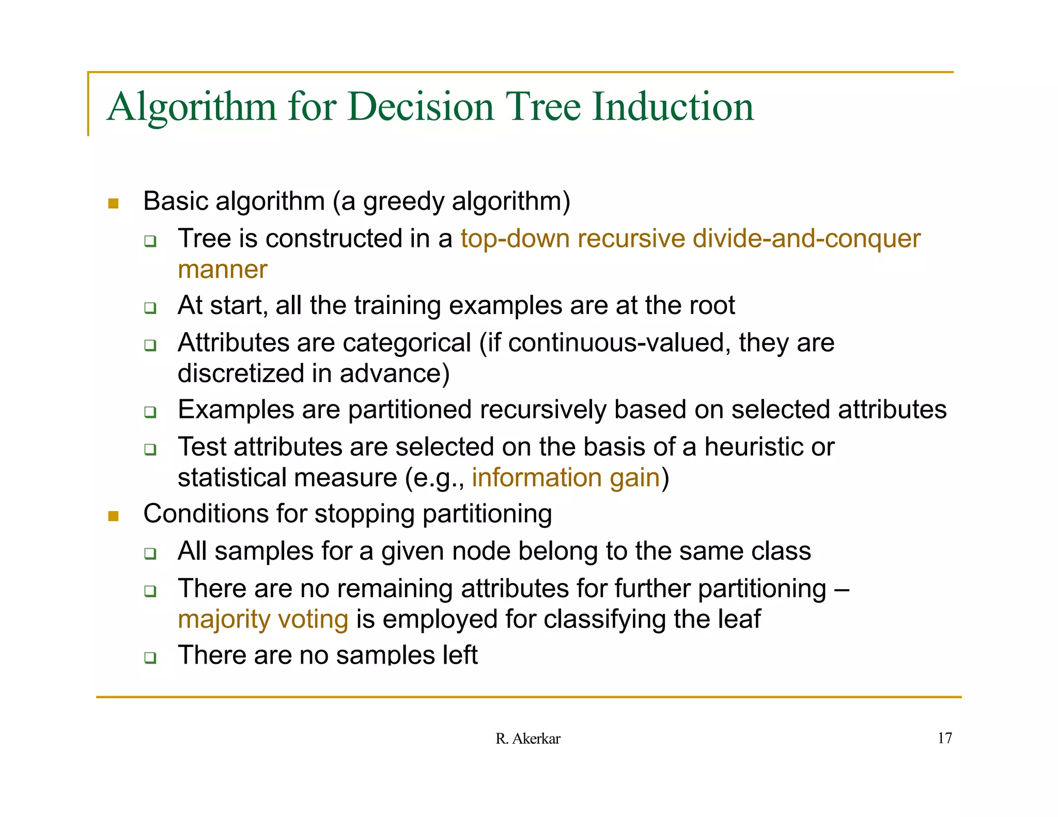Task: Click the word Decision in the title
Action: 421,106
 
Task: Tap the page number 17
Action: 944,738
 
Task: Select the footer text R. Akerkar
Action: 527,739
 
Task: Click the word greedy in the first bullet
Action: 403,201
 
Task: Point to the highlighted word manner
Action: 222,270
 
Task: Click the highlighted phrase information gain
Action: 566,478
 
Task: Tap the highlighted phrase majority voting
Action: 263,619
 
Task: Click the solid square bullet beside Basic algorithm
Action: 113,203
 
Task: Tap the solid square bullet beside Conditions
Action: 113,516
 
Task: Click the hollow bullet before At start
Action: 150,308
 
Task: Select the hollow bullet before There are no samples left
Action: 150,657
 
